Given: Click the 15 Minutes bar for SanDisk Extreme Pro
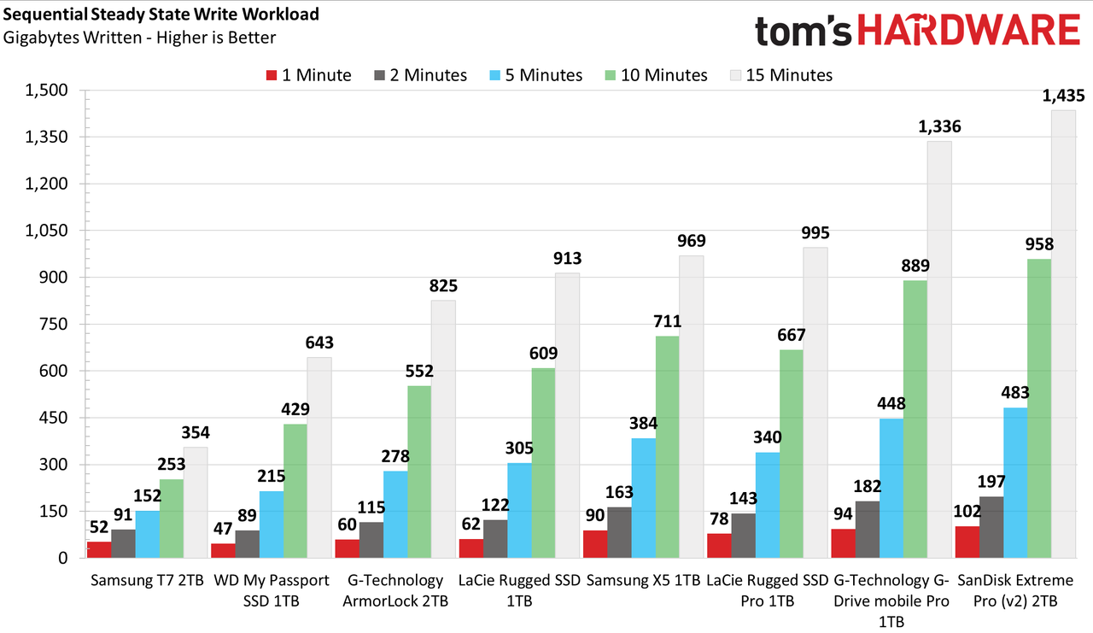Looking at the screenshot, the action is [x=1063, y=334].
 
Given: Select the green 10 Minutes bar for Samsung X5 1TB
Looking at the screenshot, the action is [x=668, y=447].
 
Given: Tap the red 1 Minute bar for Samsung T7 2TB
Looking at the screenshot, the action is [x=99, y=549].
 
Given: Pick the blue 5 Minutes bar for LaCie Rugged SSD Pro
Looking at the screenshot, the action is [x=768, y=505].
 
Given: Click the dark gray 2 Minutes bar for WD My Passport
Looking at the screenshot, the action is [x=248, y=544].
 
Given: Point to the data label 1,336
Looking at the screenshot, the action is [x=939, y=127].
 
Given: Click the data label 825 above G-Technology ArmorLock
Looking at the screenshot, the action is [x=443, y=285].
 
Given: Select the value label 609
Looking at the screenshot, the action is [x=544, y=353].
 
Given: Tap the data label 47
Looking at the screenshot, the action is [x=223, y=529].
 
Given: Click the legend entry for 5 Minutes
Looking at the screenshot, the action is [x=535, y=75].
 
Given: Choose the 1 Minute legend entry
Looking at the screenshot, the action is [x=308, y=75].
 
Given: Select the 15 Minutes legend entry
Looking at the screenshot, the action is [x=781, y=75].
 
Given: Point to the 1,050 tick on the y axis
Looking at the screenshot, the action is [x=46, y=231].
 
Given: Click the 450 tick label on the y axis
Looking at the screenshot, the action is [x=53, y=418].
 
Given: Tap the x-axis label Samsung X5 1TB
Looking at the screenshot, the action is [x=643, y=580].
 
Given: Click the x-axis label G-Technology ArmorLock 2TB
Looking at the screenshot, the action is [x=395, y=590].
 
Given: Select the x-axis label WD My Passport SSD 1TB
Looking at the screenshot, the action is [x=272, y=590].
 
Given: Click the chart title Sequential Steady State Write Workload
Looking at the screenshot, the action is [x=161, y=15].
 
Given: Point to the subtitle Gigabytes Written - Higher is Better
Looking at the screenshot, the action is [x=139, y=38].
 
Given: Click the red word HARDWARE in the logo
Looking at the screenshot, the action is [x=968, y=30].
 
